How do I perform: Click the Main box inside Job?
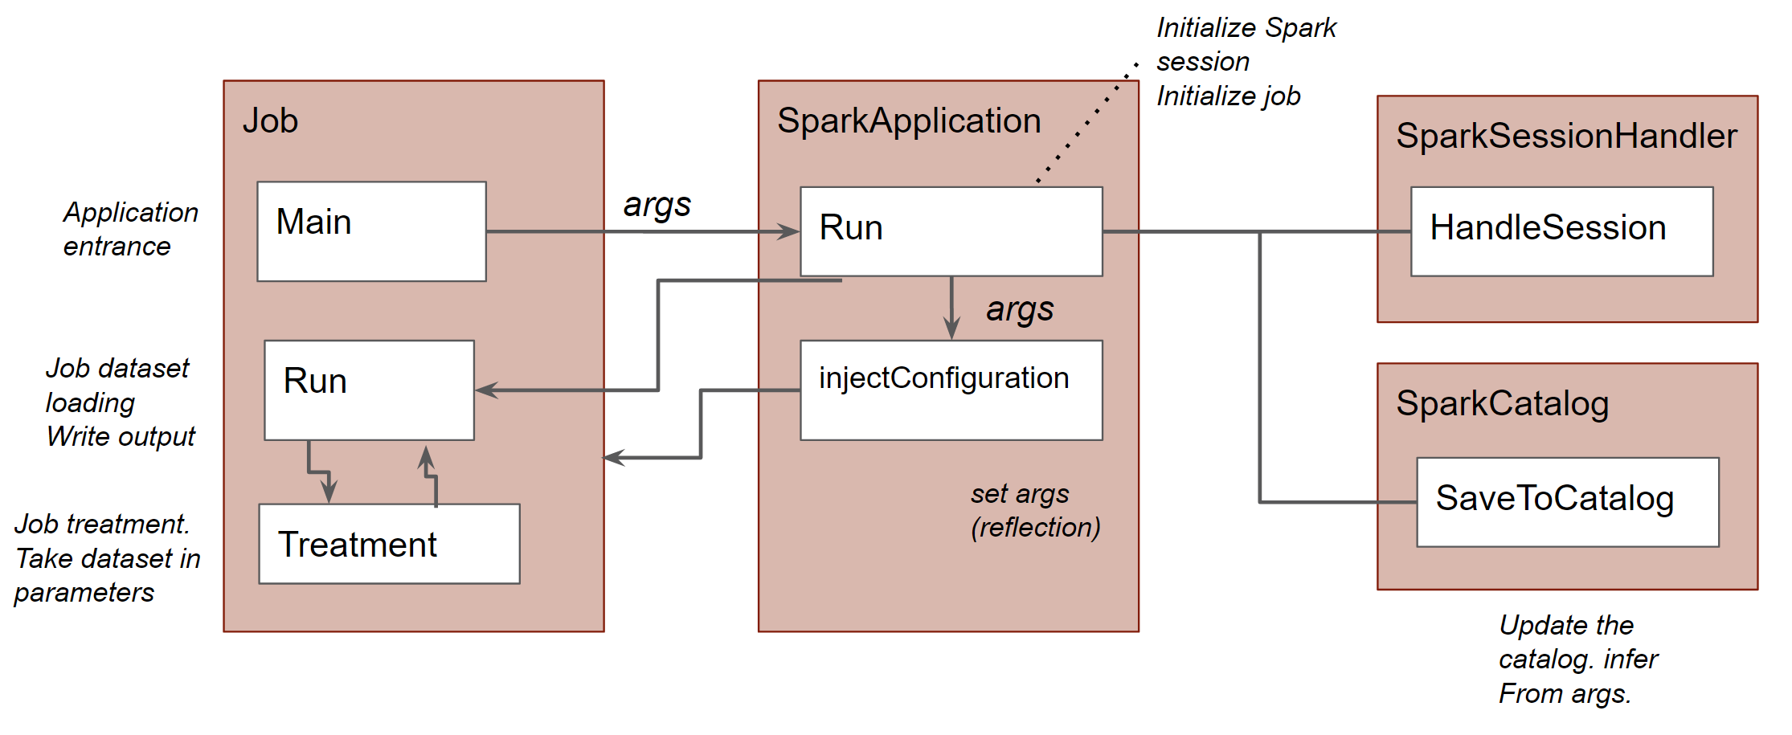coord(371,231)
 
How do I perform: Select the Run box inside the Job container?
coord(369,390)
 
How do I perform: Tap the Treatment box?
coord(389,544)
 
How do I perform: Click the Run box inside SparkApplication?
coord(951,231)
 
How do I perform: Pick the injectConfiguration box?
coord(951,390)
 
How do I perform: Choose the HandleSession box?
coord(1561,231)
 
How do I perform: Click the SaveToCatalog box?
coord(1567,502)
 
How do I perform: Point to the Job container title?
coord(270,120)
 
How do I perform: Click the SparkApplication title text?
coord(909,120)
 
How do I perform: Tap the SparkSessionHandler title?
coord(1566,136)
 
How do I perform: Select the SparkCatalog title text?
coord(1502,403)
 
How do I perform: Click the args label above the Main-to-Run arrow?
coord(657,205)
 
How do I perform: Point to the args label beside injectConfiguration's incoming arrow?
coord(1020,309)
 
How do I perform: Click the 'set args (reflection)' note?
coord(1034,510)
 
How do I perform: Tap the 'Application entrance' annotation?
coord(130,229)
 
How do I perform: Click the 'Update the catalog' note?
coord(1577,659)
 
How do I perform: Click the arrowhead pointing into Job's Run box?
coord(485,390)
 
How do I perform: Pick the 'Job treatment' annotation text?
coord(107,558)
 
